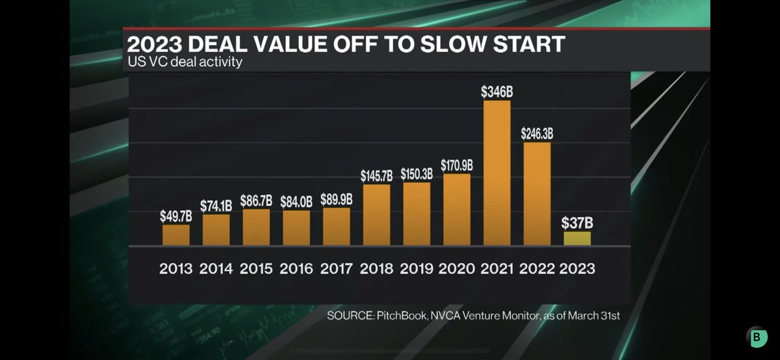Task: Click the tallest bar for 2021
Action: tap(497, 173)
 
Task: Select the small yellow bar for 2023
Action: tap(577, 238)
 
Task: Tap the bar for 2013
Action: tap(176, 235)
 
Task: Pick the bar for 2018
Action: tap(376, 214)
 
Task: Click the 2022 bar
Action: tap(537, 194)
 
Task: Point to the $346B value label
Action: tap(497, 92)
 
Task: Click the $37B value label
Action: tap(577, 224)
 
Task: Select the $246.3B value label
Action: tap(537, 134)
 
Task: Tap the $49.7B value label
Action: tap(176, 216)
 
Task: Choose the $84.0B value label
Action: tap(296, 202)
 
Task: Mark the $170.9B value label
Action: tap(456, 165)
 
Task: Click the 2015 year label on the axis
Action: tap(256, 268)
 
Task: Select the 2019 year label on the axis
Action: tap(417, 268)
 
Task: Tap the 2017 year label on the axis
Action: tap(337, 268)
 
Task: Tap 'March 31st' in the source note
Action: tap(599, 316)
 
